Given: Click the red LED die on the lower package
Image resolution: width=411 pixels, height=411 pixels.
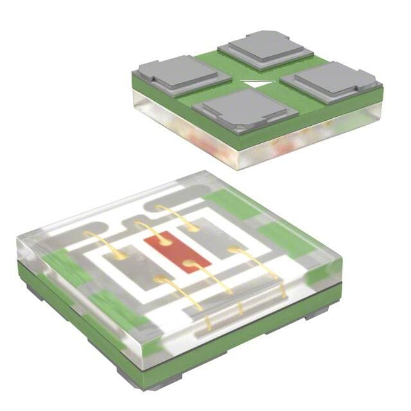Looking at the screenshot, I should (176, 253).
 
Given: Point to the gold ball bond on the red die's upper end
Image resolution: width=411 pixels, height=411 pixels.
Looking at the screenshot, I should (164, 242).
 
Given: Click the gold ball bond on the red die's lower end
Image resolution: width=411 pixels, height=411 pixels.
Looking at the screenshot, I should (188, 263).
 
